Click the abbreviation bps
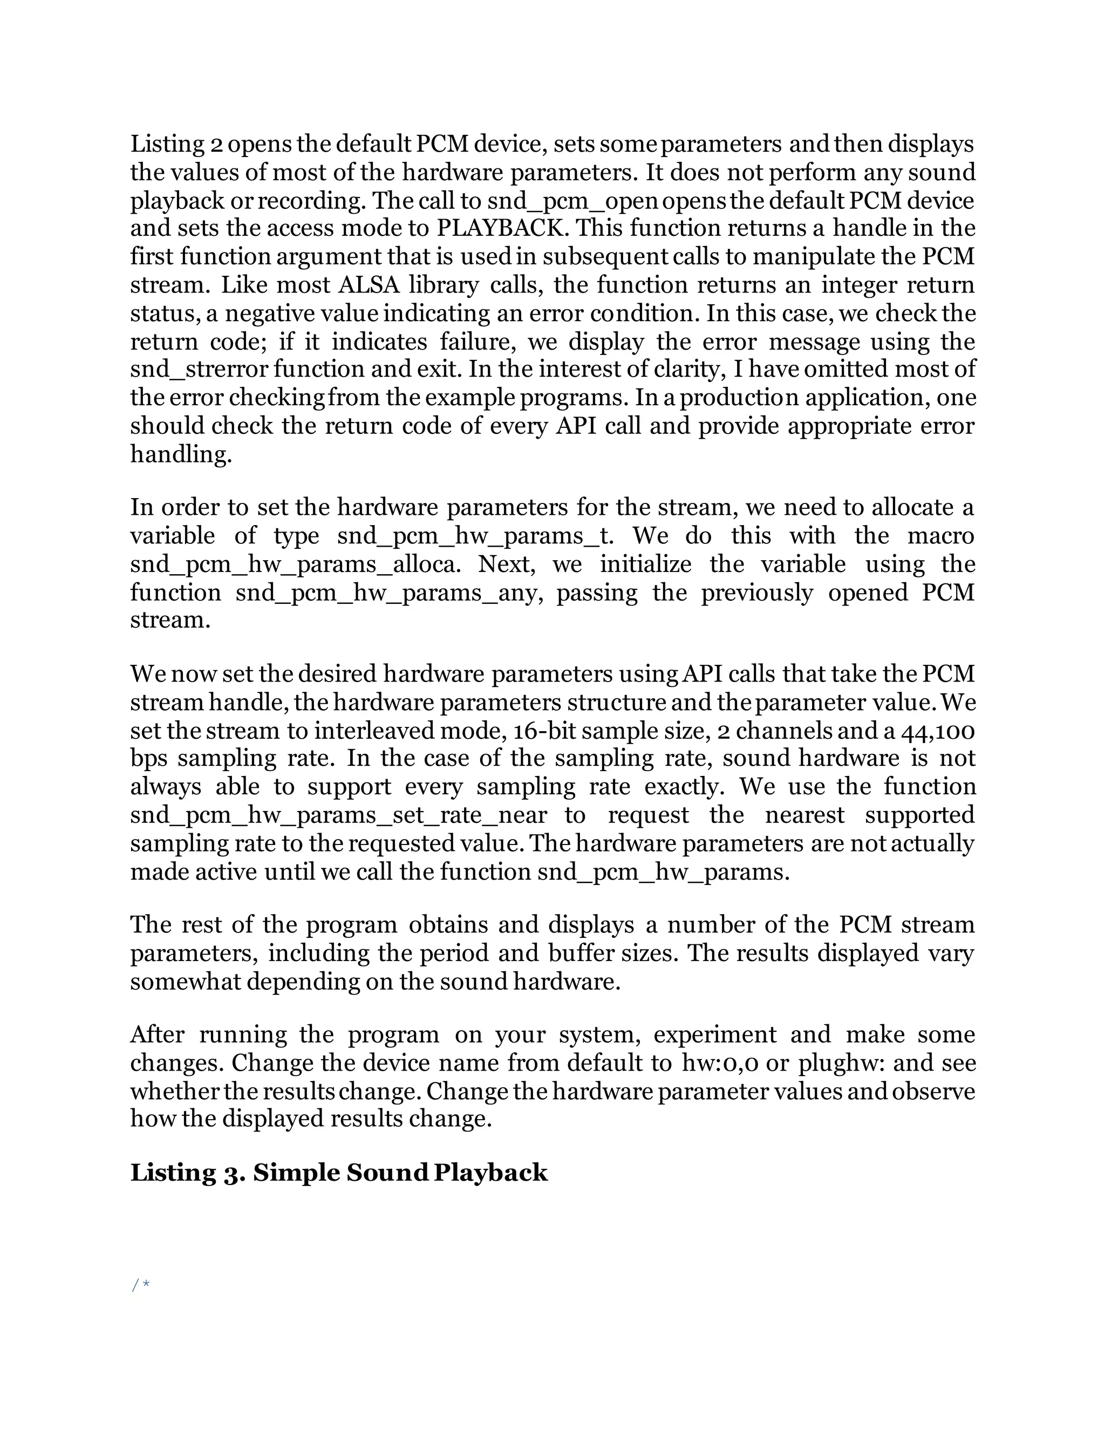coord(148,758)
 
